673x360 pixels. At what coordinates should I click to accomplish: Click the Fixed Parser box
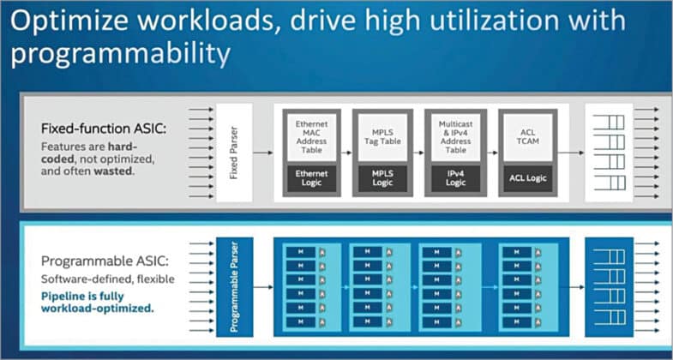(x=234, y=153)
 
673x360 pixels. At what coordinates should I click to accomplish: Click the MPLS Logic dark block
(x=382, y=178)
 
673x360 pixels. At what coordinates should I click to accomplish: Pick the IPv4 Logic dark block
(x=455, y=178)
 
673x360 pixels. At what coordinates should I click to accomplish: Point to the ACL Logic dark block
(x=527, y=178)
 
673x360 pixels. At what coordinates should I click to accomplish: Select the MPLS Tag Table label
(x=382, y=137)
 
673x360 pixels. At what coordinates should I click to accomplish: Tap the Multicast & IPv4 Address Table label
(x=455, y=136)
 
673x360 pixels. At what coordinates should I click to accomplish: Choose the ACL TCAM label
(x=527, y=137)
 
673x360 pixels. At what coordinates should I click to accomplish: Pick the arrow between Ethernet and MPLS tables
(x=345, y=153)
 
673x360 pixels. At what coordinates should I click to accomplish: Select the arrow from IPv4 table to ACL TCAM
(x=491, y=153)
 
